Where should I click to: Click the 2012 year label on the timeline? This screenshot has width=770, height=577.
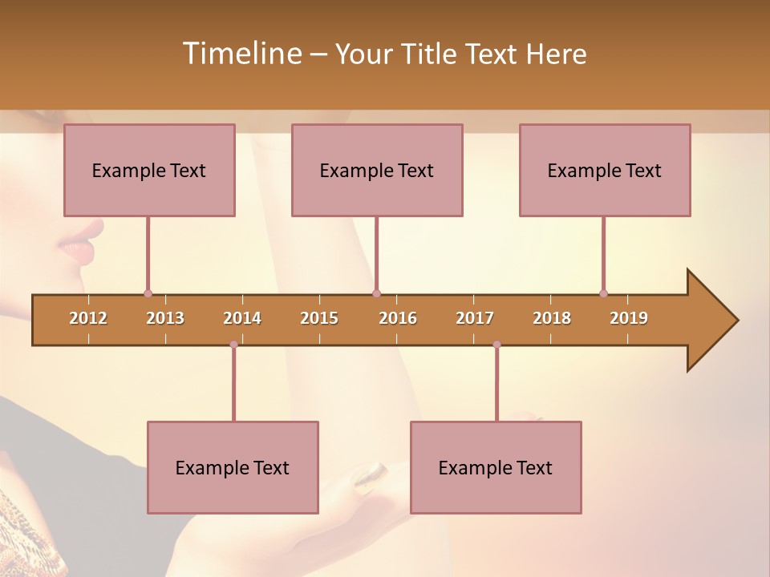pyautogui.click(x=88, y=318)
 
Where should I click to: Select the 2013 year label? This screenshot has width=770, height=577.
pyautogui.click(x=165, y=318)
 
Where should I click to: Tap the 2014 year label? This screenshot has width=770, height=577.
pyautogui.click(x=242, y=318)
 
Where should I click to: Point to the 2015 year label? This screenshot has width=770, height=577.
pyautogui.click(x=319, y=318)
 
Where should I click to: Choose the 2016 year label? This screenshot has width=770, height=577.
pyautogui.click(x=398, y=318)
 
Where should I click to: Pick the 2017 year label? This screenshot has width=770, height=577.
pyautogui.click(x=475, y=318)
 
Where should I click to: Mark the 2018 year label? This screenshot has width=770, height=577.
pyautogui.click(x=552, y=318)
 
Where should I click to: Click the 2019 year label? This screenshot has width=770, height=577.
pyautogui.click(x=629, y=318)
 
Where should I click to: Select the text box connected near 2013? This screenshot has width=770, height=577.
pyautogui.click(x=149, y=170)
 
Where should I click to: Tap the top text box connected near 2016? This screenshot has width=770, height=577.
pyautogui.click(x=377, y=170)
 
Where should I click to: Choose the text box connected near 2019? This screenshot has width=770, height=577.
pyautogui.click(x=605, y=170)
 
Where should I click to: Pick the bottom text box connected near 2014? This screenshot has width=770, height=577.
pyautogui.click(x=233, y=467)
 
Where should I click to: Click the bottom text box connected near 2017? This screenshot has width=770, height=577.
pyautogui.click(x=496, y=467)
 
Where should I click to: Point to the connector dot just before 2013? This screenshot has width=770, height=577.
pyautogui.click(x=148, y=293)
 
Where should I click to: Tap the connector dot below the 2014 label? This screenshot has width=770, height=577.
pyautogui.click(x=233, y=345)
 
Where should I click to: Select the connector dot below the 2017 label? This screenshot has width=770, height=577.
pyautogui.click(x=496, y=345)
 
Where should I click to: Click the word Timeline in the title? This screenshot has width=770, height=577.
pyautogui.click(x=241, y=54)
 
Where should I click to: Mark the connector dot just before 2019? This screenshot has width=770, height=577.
pyautogui.click(x=603, y=293)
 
